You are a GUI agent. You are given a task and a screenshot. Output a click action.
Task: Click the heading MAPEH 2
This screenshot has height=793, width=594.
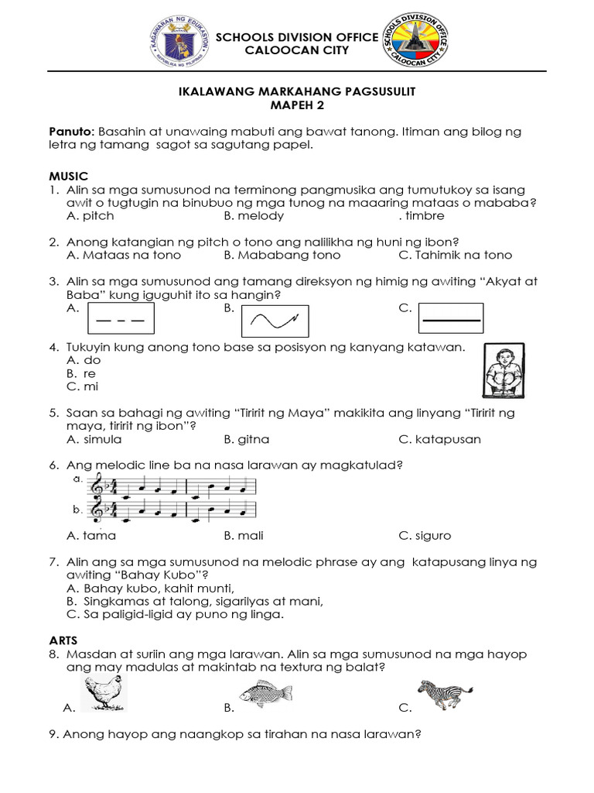pyautogui.click(x=297, y=105)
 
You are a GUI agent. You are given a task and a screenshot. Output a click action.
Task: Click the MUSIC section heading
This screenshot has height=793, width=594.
pyautogui.click(x=68, y=177)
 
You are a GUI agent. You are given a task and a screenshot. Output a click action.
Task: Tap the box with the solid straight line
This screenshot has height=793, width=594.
pyautogui.click(x=451, y=318)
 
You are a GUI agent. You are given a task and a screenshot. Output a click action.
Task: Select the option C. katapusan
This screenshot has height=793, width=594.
pyautogui.click(x=439, y=439)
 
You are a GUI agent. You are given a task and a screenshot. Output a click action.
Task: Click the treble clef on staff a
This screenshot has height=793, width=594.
pyautogui.click(x=97, y=486)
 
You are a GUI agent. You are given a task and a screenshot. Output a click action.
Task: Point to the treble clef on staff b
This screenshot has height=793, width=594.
pyautogui.click(x=97, y=511)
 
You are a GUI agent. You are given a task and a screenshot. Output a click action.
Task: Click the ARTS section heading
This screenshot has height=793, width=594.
pyautogui.click(x=65, y=641)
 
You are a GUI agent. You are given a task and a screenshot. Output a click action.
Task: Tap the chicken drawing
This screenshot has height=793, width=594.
pyautogui.click(x=102, y=692)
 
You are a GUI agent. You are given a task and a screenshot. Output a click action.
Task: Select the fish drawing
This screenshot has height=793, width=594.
pyautogui.click(x=265, y=693)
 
